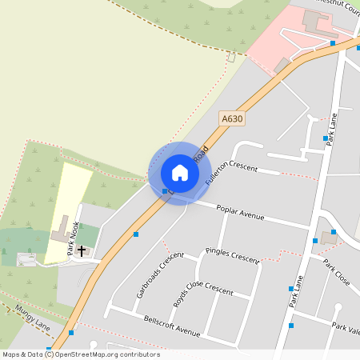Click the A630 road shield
(x=232, y=118)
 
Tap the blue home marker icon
(x=180, y=173)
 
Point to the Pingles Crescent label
(x=232, y=255)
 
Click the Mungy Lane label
(x=32, y=318)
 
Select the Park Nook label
(x=75, y=238)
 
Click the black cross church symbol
(x=82, y=250)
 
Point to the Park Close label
(x=337, y=272)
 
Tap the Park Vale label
(x=346, y=329)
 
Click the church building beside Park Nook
(x=61, y=236)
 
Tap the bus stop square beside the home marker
(x=165, y=191)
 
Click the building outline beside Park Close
(x=330, y=238)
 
